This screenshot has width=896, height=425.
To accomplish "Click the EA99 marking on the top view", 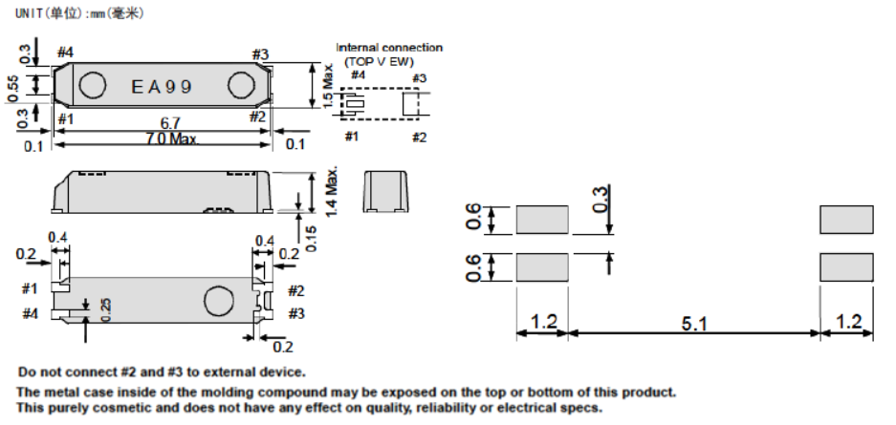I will pyautogui.click(x=162, y=87).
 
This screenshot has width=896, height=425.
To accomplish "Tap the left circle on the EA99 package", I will pyautogui.click(x=92, y=87).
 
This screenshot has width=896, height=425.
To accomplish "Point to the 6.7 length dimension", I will pyautogui.click(x=171, y=123).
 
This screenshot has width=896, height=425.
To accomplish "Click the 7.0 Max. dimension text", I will pyautogui.click(x=170, y=140).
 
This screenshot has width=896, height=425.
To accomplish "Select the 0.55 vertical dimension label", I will pyautogui.click(x=13, y=86).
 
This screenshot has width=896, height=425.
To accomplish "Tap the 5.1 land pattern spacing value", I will pyautogui.click(x=695, y=325).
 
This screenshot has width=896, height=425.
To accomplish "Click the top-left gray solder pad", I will pyautogui.click(x=542, y=221).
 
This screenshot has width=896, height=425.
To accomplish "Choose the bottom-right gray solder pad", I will pyautogui.click(x=846, y=266).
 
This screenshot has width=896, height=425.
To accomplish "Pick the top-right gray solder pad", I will pyautogui.click(x=846, y=221).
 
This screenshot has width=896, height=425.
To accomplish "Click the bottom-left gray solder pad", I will pyautogui.click(x=542, y=266).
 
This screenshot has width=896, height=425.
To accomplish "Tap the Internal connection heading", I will pyautogui.click(x=389, y=48).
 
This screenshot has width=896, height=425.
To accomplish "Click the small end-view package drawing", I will pyautogui.click(x=385, y=190).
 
